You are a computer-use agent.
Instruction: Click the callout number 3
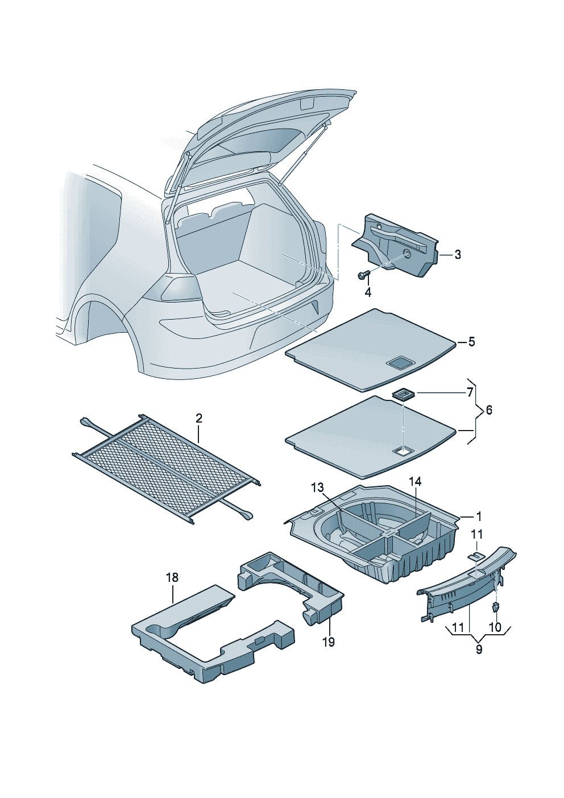[458, 254]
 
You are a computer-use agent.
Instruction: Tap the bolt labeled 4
[363, 276]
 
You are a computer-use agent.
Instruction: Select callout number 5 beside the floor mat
[471, 342]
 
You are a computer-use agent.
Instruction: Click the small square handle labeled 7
[403, 394]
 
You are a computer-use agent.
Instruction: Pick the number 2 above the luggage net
[198, 419]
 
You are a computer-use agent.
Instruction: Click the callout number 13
[317, 487]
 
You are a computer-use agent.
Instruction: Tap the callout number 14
[415, 482]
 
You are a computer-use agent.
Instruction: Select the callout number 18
[172, 578]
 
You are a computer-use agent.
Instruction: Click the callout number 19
[328, 642]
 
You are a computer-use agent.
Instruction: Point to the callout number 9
[479, 649]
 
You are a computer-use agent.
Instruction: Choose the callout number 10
[495, 627]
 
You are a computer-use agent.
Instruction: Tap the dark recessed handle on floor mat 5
[400, 362]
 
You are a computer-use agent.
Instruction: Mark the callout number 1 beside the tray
[479, 516]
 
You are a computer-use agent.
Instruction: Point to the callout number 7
[470, 392]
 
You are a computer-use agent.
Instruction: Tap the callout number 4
[368, 292]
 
